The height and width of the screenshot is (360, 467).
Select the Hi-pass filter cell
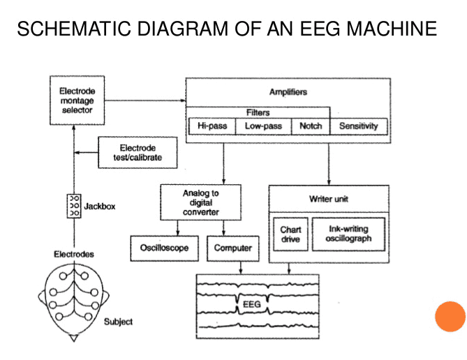click(x=212, y=126)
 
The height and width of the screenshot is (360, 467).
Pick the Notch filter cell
click(x=311, y=126)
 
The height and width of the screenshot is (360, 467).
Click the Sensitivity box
click(x=359, y=126)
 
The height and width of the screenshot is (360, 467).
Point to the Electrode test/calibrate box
click(x=138, y=152)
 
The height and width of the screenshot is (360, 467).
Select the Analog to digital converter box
click(x=200, y=202)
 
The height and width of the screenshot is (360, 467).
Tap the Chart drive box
click(x=290, y=234)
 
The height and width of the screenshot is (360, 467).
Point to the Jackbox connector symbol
click(x=73, y=207)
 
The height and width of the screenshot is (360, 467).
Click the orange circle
click(x=450, y=317)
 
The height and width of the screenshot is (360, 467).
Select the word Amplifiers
click(x=288, y=92)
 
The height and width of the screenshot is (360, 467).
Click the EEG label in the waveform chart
click(x=252, y=305)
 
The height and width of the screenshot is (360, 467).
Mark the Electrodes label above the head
click(x=73, y=254)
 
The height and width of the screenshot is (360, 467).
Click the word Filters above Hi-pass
click(x=258, y=112)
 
